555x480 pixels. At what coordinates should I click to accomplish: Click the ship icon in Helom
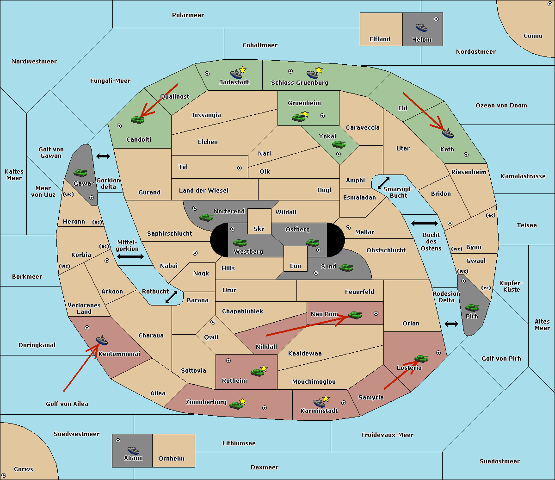(421, 27)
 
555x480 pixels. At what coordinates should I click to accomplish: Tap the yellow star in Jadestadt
(242, 70)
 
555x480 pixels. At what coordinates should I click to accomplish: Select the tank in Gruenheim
(298, 118)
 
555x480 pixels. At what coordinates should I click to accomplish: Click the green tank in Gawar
(80, 173)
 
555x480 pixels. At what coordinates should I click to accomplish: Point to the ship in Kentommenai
(102, 340)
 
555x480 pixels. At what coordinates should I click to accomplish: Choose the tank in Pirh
(472, 307)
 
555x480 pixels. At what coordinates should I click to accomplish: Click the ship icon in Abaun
(133, 449)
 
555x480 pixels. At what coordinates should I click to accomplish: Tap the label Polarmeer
(188, 15)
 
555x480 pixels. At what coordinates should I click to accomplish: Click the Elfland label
(380, 39)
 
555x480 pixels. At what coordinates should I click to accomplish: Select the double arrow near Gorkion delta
(103, 156)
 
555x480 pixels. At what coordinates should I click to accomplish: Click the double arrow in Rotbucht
(171, 297)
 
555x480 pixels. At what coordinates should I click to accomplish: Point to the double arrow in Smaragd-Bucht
(383, 183)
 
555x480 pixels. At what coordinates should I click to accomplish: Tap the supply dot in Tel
(240, 168)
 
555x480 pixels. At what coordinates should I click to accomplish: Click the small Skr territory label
(259, 229)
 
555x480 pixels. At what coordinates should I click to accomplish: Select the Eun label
(296, 266)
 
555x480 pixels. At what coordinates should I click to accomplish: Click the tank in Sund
(346, 268)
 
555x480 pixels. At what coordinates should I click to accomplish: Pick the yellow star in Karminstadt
(326, 398)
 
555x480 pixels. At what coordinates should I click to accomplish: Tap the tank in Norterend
(206, 217)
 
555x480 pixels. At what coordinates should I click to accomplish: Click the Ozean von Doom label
(501, 106)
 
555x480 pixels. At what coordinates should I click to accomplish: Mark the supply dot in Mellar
(348, 228)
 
